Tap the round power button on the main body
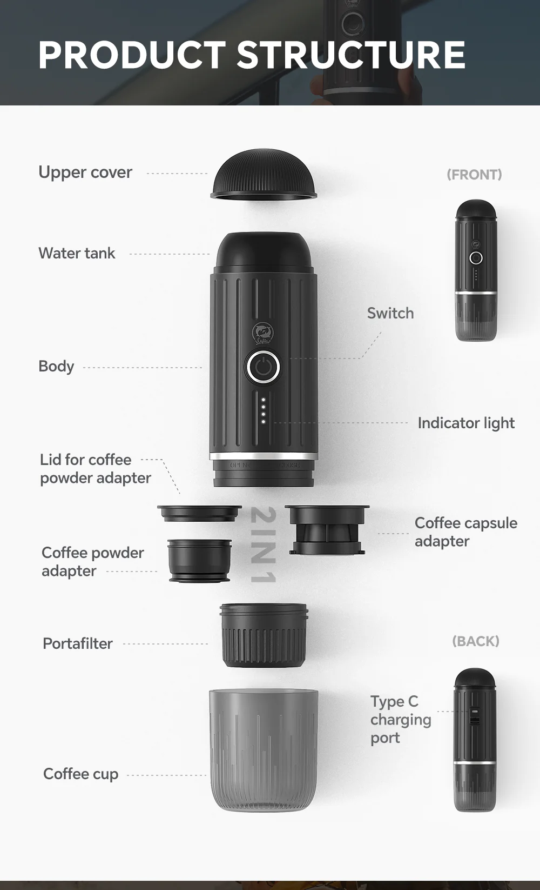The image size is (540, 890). [263, 368]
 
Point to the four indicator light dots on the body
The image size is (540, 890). [263, 411]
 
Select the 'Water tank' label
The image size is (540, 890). [77, 253]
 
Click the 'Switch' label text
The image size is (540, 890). [390, 313]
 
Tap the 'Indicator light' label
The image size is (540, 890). [466, 423]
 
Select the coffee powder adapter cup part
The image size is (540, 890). [199, 560]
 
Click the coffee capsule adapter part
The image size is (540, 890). [327, 530]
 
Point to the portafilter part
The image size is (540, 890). [264, 635]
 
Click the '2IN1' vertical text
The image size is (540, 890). [264, 544]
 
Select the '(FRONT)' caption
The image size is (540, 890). [474, 175]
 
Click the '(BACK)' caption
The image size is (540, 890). [475, 641]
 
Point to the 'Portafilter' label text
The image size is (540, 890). [78, 643]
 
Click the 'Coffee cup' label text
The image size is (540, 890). [80, 774]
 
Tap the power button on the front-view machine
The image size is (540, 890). [476, 258]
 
